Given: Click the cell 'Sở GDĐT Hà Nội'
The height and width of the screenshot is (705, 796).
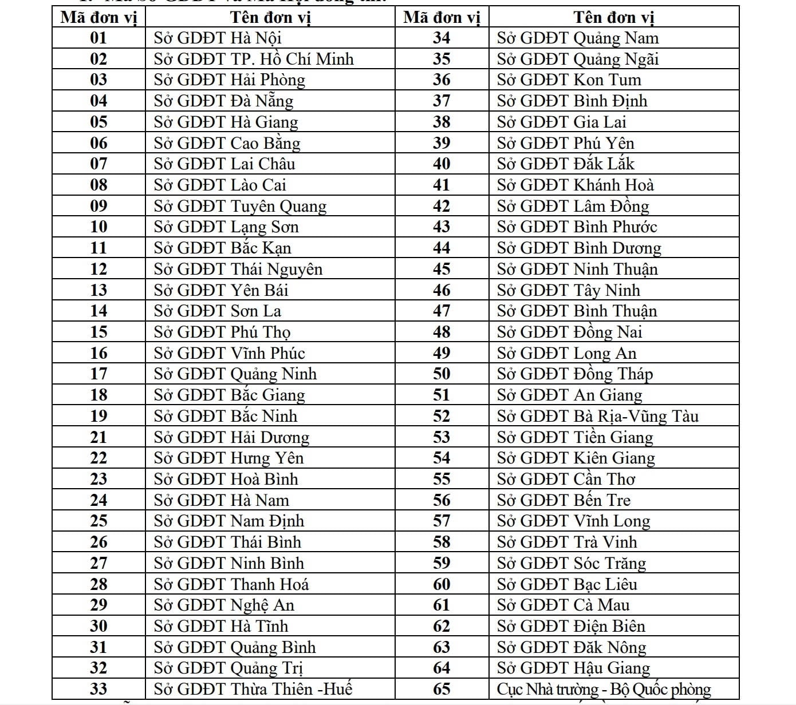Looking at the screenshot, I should point(218,38).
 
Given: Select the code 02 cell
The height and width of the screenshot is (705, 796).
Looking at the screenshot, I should point(98,59).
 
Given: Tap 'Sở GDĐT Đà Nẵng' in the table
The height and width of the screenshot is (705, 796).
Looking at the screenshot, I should point(224,101).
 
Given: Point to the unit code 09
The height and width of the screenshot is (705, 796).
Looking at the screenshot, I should point(98,206).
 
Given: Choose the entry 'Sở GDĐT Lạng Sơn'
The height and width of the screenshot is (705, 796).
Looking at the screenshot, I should point(226,227).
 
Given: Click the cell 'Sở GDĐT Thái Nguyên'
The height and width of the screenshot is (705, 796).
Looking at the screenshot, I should point(238,269).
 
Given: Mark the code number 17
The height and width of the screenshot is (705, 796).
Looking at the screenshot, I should point(98,374).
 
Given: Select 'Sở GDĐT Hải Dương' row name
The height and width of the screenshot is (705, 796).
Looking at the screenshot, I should point(232,437).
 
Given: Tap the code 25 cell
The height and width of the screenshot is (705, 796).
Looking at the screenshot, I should point(98,521).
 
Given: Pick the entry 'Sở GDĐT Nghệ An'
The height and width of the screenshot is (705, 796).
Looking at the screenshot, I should point(224,605).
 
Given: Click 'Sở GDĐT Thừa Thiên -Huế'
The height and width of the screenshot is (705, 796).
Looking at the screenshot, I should point(253,689).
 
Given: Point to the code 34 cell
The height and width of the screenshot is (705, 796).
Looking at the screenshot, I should point(442,38).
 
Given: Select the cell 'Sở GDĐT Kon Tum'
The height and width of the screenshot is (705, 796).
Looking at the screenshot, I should point(569,80).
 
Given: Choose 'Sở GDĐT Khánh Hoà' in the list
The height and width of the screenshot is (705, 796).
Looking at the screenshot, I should point(576,185).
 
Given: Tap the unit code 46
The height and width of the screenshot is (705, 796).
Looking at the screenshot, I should point(442,290).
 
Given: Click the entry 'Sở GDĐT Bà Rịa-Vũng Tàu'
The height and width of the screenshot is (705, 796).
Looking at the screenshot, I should point(598,416).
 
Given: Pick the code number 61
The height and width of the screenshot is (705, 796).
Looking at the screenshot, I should point(442,605).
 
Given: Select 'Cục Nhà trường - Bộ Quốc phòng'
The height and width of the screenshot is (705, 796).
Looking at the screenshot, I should point(604,689).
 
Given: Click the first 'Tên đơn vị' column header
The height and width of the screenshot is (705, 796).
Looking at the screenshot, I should point(270,17).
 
